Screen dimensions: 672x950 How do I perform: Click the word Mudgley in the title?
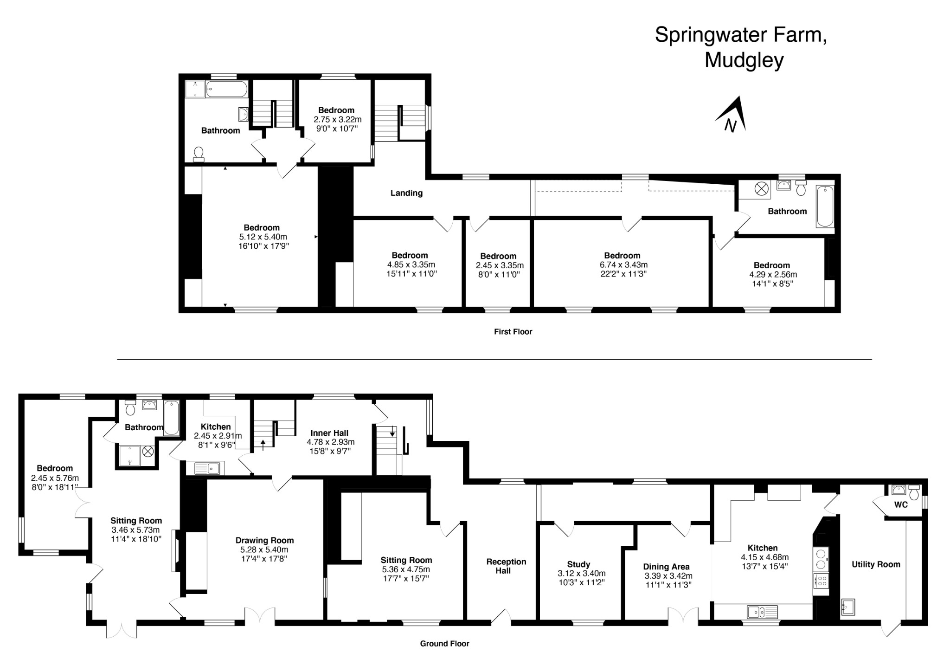pyautogui.click(x=744, y=60)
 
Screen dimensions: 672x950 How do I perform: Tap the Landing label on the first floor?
pyautogui.click(x=406, y=193)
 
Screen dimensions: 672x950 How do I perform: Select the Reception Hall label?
pyautogui.click(x=506, y=566)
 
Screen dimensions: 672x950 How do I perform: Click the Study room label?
pyautogui.click(x=578, y=564)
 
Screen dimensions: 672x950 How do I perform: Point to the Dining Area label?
pyautogui.click(x=666, y=567)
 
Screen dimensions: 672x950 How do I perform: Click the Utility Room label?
pyautogui.click(x=875, y=564)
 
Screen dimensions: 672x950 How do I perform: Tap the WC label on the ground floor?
pyautogui.click(x=900, y=504)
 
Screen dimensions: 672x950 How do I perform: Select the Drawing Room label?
pyautogui.click(x=264, y=540)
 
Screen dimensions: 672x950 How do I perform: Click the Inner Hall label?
pyautogui.click(x=329, y=433)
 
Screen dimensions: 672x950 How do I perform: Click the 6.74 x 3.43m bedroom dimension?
pyautogui.click(x=623, y=265)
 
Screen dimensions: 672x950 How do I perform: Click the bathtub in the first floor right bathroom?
pyautogui.click(x=825, y=206)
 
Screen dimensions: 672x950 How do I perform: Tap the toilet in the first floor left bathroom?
pyautogui.click(x=199, y=154)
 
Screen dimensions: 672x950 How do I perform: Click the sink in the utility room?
pyautogui.click(x=848, y=606)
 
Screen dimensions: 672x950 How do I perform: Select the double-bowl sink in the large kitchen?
pyautogui.click(x=762, y=612)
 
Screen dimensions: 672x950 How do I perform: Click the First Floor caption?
pyautogui.click(x=513, y=331)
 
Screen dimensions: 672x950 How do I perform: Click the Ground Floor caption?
pyautogui.click(x=444, y=643)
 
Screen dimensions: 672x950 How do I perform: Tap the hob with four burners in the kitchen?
pyautogui.click(x=821, y=580)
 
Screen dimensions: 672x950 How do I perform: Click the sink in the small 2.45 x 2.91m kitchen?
pyautogui.click(x=207, y=468)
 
